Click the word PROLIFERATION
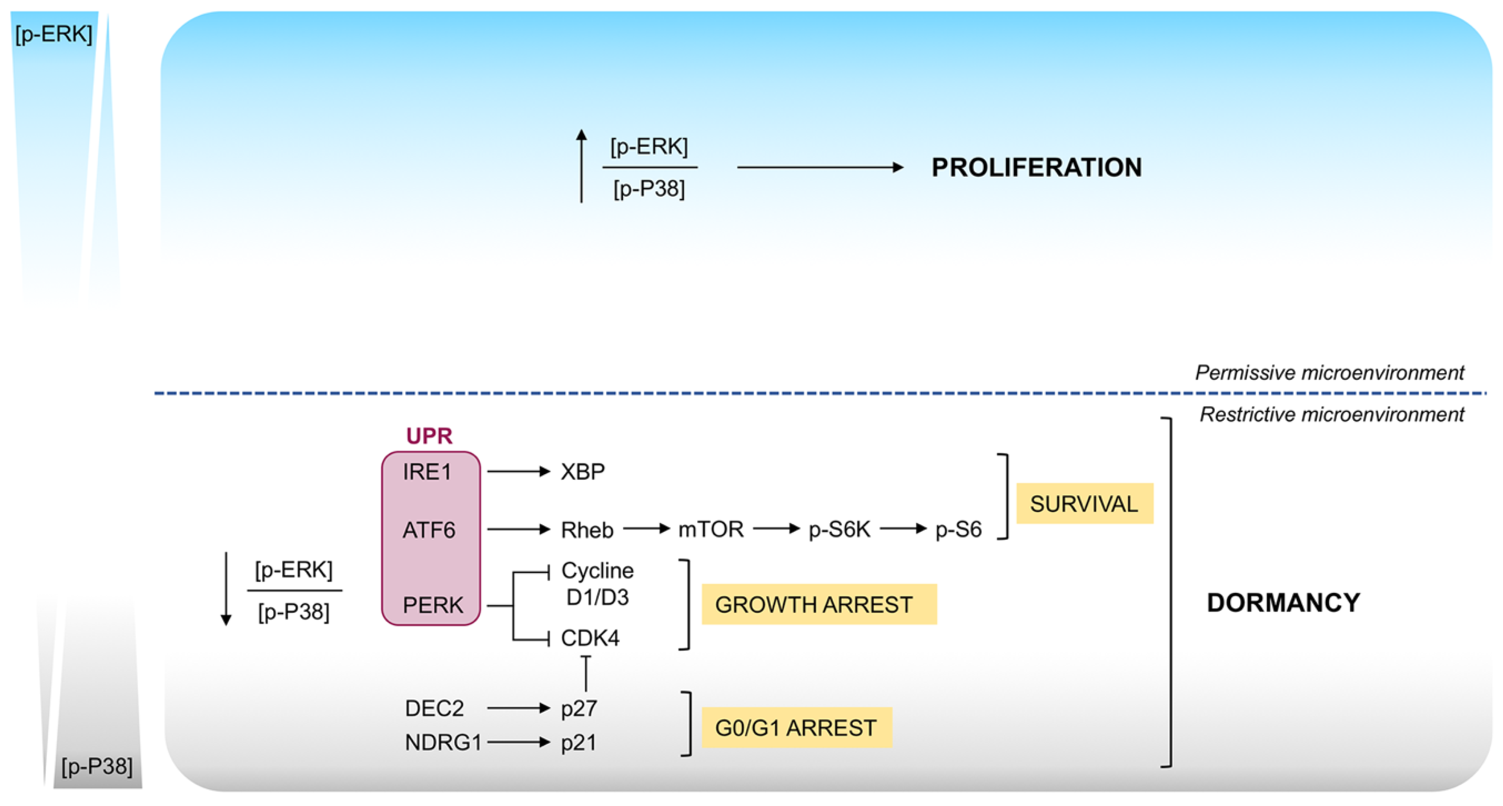(x=1036, y=168)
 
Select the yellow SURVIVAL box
(x=1084, y=503)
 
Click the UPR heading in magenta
(x=429, y=436)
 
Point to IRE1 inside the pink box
(x=427, y=472)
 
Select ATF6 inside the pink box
(x=429, y=530)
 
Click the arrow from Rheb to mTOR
(x=646, y=529)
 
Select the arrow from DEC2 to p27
(x=518, y=708)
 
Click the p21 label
(x=578, y=743)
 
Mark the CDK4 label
(x=589, y=638)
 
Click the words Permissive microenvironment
(x=1329, y=373)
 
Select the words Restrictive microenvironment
(x=1331, y=414)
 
